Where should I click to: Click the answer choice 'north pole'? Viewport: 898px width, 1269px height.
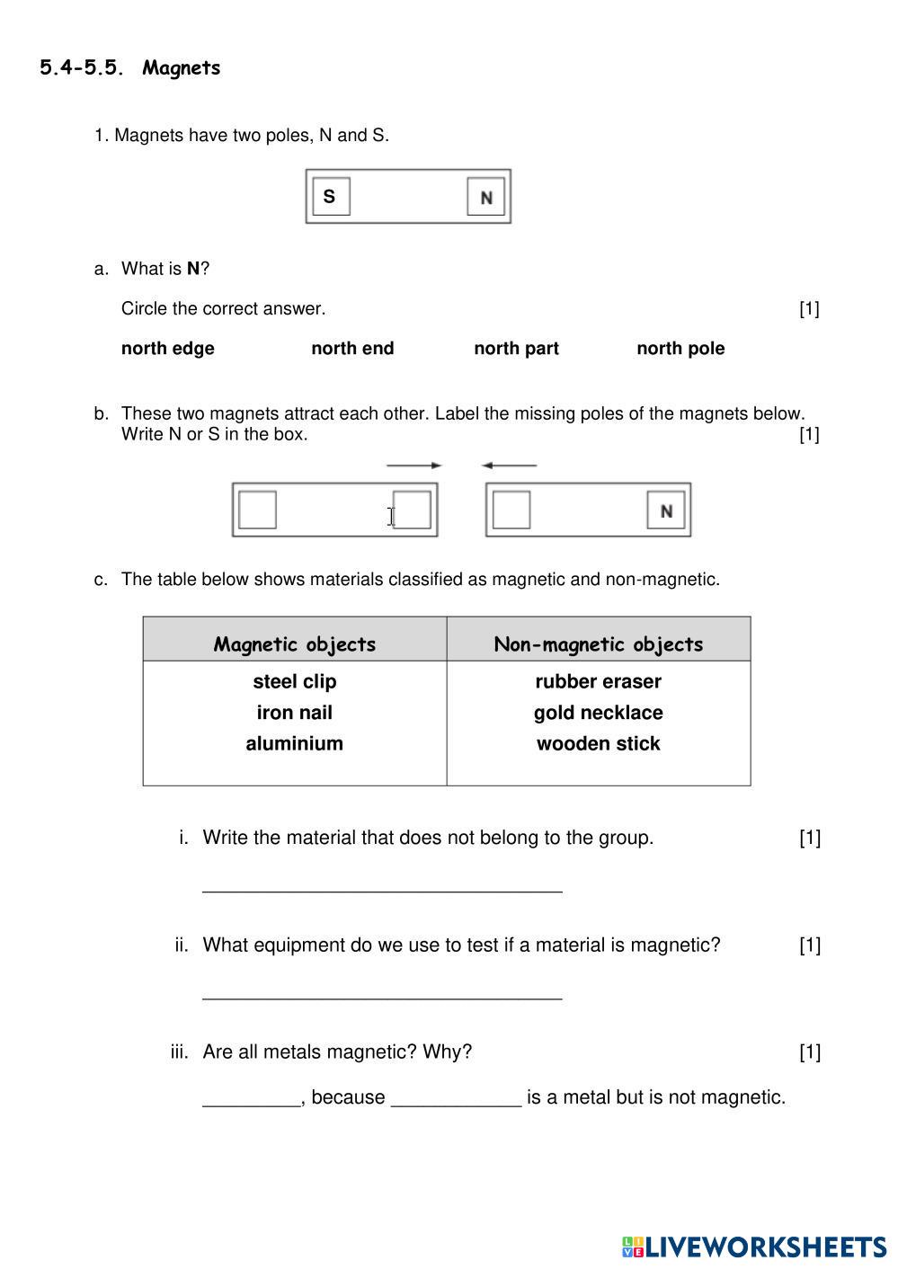(x=680, y=349)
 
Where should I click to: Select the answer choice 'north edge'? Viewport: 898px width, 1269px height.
(x=167, y=349)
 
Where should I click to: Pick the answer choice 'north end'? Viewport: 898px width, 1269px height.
(x=352, y=349)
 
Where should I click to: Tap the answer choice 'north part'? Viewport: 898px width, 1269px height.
(x=516, y=349)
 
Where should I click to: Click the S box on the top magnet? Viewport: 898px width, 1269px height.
(x=330, y=197)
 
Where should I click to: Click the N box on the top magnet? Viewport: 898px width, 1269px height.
(x=486, y=197)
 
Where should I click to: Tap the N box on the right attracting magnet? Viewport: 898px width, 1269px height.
(x=666, y=510)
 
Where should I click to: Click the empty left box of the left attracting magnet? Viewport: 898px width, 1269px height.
(x=258, y=510)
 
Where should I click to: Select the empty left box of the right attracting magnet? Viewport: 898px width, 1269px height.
(x=511, y=510)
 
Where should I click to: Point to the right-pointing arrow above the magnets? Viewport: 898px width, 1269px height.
(x=413, y=466)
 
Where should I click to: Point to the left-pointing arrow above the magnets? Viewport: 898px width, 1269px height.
(x=509, y=466)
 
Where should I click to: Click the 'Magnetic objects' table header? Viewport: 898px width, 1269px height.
(x=295, y=643)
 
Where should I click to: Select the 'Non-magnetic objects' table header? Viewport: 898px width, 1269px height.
(x=599, y=643)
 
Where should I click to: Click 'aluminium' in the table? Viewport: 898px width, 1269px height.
(x=295, y=743)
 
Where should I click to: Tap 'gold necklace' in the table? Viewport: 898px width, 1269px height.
(x=599, y=713)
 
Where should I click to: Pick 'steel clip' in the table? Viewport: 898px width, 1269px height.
(x=295, y=681)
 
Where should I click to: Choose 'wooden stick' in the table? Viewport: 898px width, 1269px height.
(x=599, y=743)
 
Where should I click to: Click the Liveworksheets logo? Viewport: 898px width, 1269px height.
(x=753, y=1247)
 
